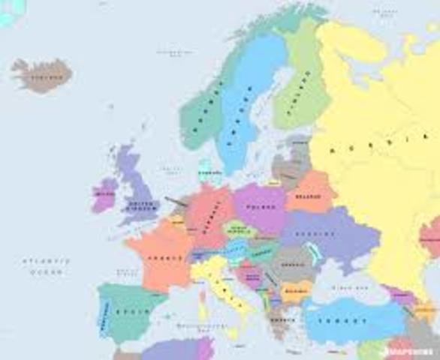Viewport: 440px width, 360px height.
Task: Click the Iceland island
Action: (x=42, y=74)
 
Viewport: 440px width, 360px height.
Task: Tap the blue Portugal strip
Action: (x=104, y=312)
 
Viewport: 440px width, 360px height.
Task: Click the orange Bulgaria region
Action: (x=294, y=291)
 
